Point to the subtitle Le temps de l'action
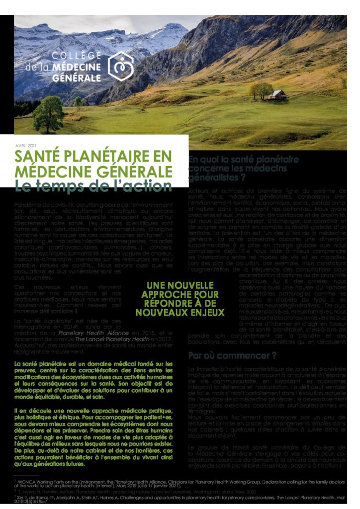click(x=93, y=186)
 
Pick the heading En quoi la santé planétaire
click(x=243, y=160)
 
